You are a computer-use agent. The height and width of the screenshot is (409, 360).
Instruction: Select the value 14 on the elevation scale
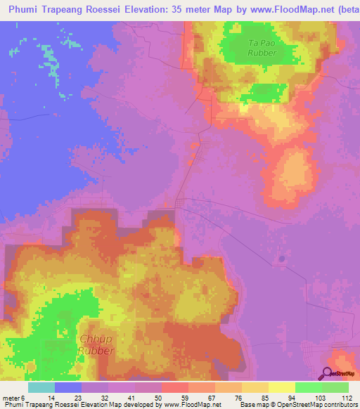41,397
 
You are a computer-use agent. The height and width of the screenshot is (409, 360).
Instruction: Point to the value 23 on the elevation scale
68,397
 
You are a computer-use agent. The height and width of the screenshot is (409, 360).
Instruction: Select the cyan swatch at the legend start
41,387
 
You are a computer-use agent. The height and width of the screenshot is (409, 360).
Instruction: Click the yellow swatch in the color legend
282,387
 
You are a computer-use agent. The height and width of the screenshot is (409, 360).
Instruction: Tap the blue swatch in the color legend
68,387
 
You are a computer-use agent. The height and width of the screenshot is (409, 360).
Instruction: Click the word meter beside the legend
12,397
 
